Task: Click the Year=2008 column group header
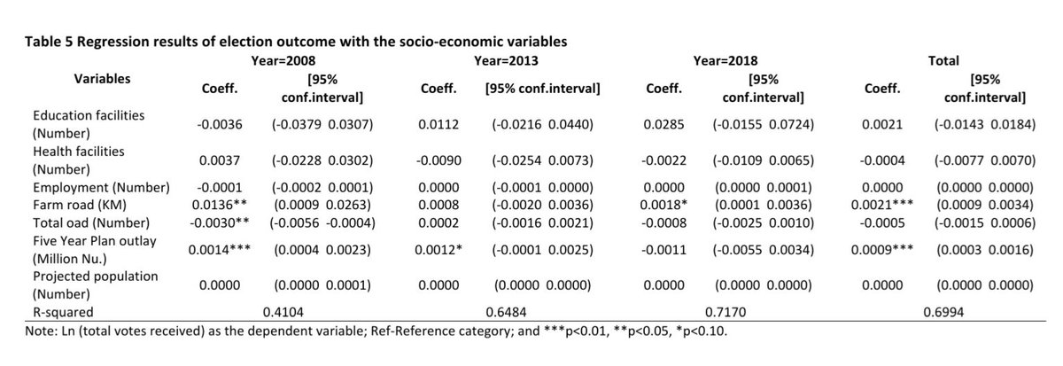pos(283,61)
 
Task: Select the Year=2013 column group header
pos(506,61)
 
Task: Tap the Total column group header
pos(943,61)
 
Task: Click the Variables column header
pos(102,79)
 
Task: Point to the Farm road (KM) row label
pos(80,205)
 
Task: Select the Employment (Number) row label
pos(101,188)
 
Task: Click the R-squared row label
pos(63,312)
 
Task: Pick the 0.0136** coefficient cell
pos(220,205)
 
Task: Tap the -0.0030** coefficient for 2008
pos(220,223)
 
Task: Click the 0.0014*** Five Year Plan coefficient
pos(220,250)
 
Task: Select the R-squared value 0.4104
pos(283,312)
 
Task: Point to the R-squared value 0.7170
pos(725,312)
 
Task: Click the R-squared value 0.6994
pos(943,312)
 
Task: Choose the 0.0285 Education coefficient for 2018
pos(663,124)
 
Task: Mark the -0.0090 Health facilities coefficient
pos(438,160)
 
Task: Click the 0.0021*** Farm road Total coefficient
pos(882,205)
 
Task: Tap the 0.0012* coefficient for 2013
pos(438,250)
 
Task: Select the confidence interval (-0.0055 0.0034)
pos(763,250)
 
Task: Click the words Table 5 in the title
pos(49,42)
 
